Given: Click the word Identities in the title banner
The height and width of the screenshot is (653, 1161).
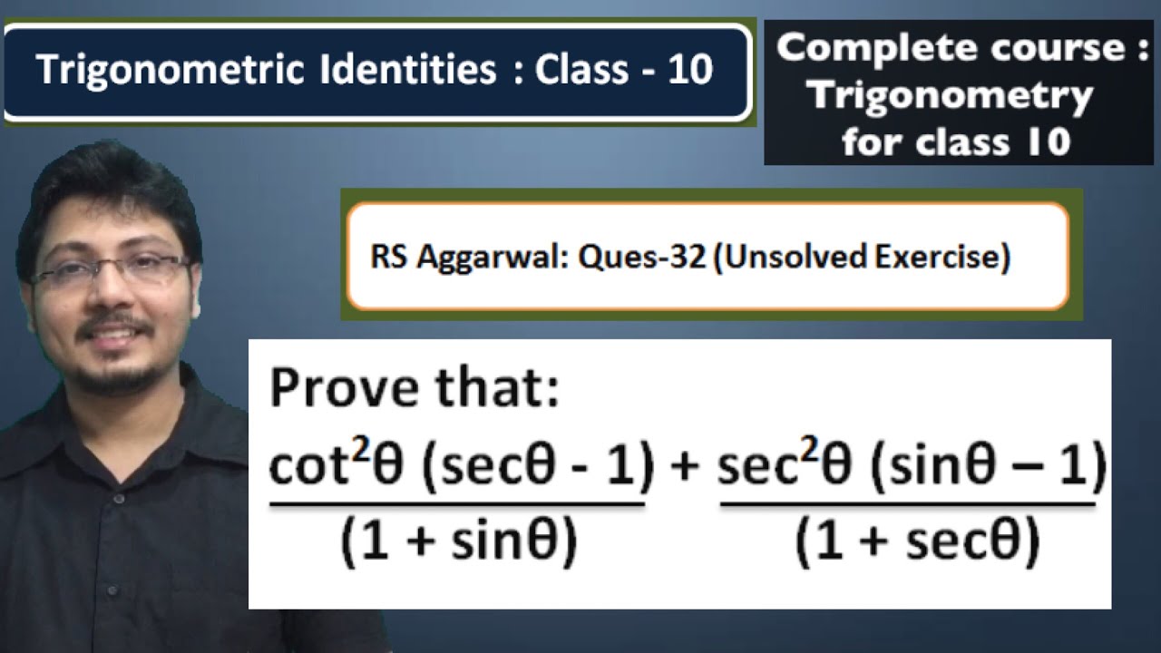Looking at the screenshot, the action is (408, 70).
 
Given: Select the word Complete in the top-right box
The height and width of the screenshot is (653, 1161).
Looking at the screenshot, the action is (876, 49).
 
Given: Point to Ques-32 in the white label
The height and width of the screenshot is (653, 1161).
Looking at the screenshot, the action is (641, 256).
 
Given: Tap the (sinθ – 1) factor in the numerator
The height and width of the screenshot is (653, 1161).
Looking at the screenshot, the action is (988, 464).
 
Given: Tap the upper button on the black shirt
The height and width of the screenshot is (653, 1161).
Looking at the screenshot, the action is (119, 499).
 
